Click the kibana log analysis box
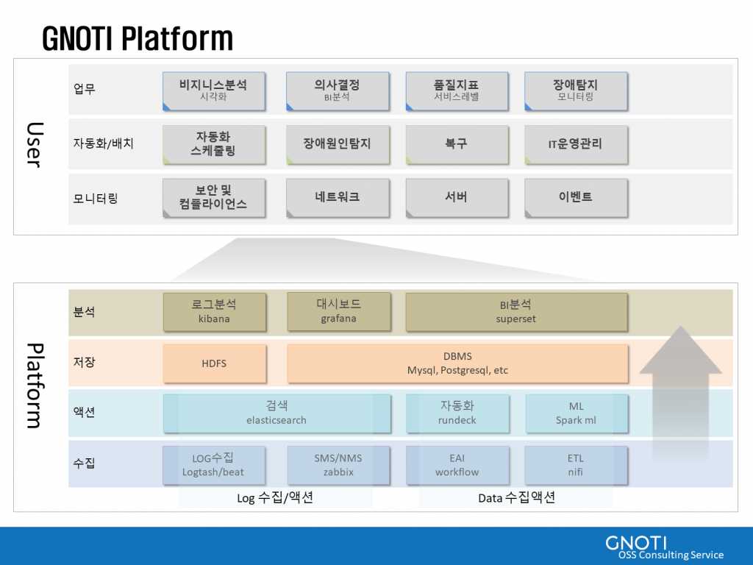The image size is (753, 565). (x=214, y=312)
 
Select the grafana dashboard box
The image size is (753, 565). (x=338, y=312)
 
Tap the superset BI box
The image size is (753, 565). (x=516, y=312)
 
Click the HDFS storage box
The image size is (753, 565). (x=214, y=363)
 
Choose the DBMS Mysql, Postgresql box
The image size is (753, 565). (x=457, y=363)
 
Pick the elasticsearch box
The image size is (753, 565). (x=276, y=413)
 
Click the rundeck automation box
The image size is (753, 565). (x=457, y=413)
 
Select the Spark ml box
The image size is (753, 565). (x=577, y=413)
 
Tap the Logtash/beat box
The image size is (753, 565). (x=214, y=465)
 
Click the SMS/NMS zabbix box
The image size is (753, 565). (x=338, y=465)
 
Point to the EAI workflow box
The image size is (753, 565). (x=457, y=465)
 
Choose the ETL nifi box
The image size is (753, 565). (x=576, y=465)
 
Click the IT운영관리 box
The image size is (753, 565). (x=576, y=144)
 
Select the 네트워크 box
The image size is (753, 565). (x=338, y=197)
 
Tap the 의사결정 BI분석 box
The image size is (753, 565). (x=337, y=90)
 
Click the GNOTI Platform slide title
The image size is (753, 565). (x=138, y=38)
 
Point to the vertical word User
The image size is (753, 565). (x=35, y=145)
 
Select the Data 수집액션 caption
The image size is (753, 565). (x=517, y=498)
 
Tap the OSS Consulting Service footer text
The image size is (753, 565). (x=671, y=555)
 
